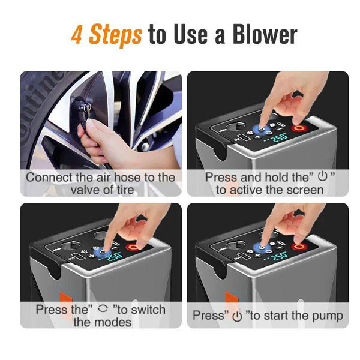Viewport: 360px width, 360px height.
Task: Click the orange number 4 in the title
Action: click(76, 34)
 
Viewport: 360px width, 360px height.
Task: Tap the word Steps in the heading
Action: click(115, 35)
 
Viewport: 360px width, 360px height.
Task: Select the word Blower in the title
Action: click(265, 35)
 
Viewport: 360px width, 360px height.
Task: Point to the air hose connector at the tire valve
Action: click(82, 108)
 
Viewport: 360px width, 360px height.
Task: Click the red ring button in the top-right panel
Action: click(298, 128)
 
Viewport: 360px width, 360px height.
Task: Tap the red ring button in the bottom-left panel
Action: click(133, 247)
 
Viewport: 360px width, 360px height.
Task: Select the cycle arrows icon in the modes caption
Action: click(103, 308)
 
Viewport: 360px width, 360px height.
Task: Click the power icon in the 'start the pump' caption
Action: click(237, 317)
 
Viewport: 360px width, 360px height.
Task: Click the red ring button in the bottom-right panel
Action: click(298, 247)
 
